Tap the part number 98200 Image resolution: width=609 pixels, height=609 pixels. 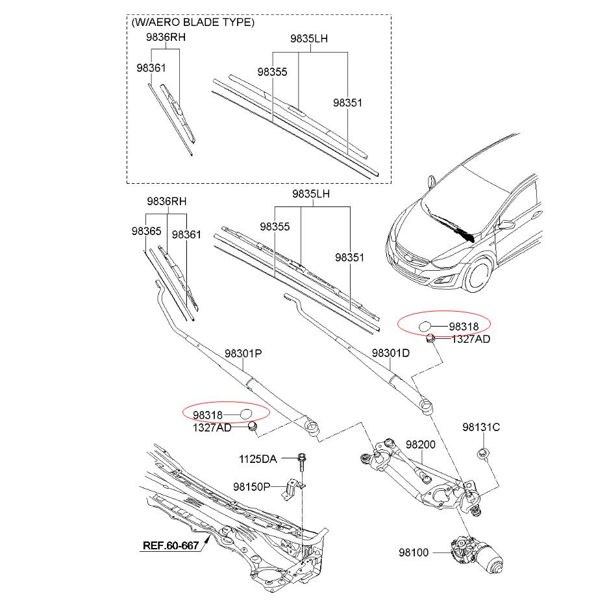tap(421, 445)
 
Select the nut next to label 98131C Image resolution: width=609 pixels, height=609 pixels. tap(482, 453)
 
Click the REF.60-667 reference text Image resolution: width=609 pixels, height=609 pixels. tap(169, 545)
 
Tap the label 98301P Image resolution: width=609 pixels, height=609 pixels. tap(243, 354)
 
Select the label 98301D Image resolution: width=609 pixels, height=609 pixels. tap(391, 354)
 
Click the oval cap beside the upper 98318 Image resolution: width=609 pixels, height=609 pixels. tap(424, 326)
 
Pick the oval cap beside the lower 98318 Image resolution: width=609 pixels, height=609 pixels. tap(245, 414)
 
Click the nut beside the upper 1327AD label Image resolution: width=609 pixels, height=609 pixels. tap(430, 338)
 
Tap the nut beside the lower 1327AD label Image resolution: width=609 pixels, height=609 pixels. tap(253, 426)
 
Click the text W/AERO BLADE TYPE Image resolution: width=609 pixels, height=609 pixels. tap(193, 22)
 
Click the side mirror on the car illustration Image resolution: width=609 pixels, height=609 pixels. tap(505, 225)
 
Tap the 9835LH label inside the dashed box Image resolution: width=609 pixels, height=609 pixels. tap(308, 39)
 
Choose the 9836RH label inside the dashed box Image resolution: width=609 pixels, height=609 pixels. tap(165, 38)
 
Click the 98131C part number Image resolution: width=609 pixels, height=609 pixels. tap(481, 427)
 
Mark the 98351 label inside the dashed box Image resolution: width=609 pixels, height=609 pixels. tap(347, 103)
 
